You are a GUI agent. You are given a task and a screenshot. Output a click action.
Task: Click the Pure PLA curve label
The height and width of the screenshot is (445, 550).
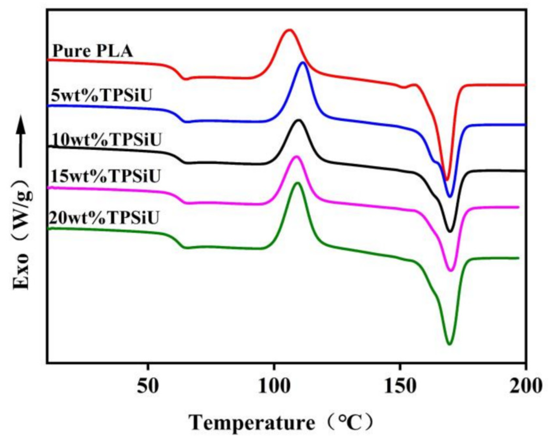point(93,51)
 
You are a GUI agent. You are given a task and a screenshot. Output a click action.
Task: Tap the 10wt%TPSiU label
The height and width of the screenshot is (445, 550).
point(106,139)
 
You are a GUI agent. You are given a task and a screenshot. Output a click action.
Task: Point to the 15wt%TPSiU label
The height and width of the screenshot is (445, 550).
point(106,176)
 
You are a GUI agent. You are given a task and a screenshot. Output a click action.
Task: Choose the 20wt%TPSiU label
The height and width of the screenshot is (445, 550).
point(104,218)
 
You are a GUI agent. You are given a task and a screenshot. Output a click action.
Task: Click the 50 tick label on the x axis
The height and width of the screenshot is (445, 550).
point(148,386)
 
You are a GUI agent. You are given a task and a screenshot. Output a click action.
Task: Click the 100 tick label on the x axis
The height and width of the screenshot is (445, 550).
point(274,386)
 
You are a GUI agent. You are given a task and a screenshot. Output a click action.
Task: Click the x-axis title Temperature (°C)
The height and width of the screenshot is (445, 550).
point(281,422)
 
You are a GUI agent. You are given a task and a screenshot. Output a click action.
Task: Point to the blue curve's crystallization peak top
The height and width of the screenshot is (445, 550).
point(303,63)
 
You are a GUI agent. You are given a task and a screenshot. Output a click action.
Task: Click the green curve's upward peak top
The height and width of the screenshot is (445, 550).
point(297,183)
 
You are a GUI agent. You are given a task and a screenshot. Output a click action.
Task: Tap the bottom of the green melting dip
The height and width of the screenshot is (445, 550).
point(449,344)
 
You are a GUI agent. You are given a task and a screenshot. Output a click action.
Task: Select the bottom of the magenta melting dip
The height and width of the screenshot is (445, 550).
point(451,271)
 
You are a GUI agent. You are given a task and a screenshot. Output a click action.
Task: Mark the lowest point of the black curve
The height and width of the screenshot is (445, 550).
point(450,232)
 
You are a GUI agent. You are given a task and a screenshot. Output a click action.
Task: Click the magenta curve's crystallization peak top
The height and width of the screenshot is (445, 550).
point(296,156)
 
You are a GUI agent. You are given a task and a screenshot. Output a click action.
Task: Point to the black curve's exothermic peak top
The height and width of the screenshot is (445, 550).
point(299,120)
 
